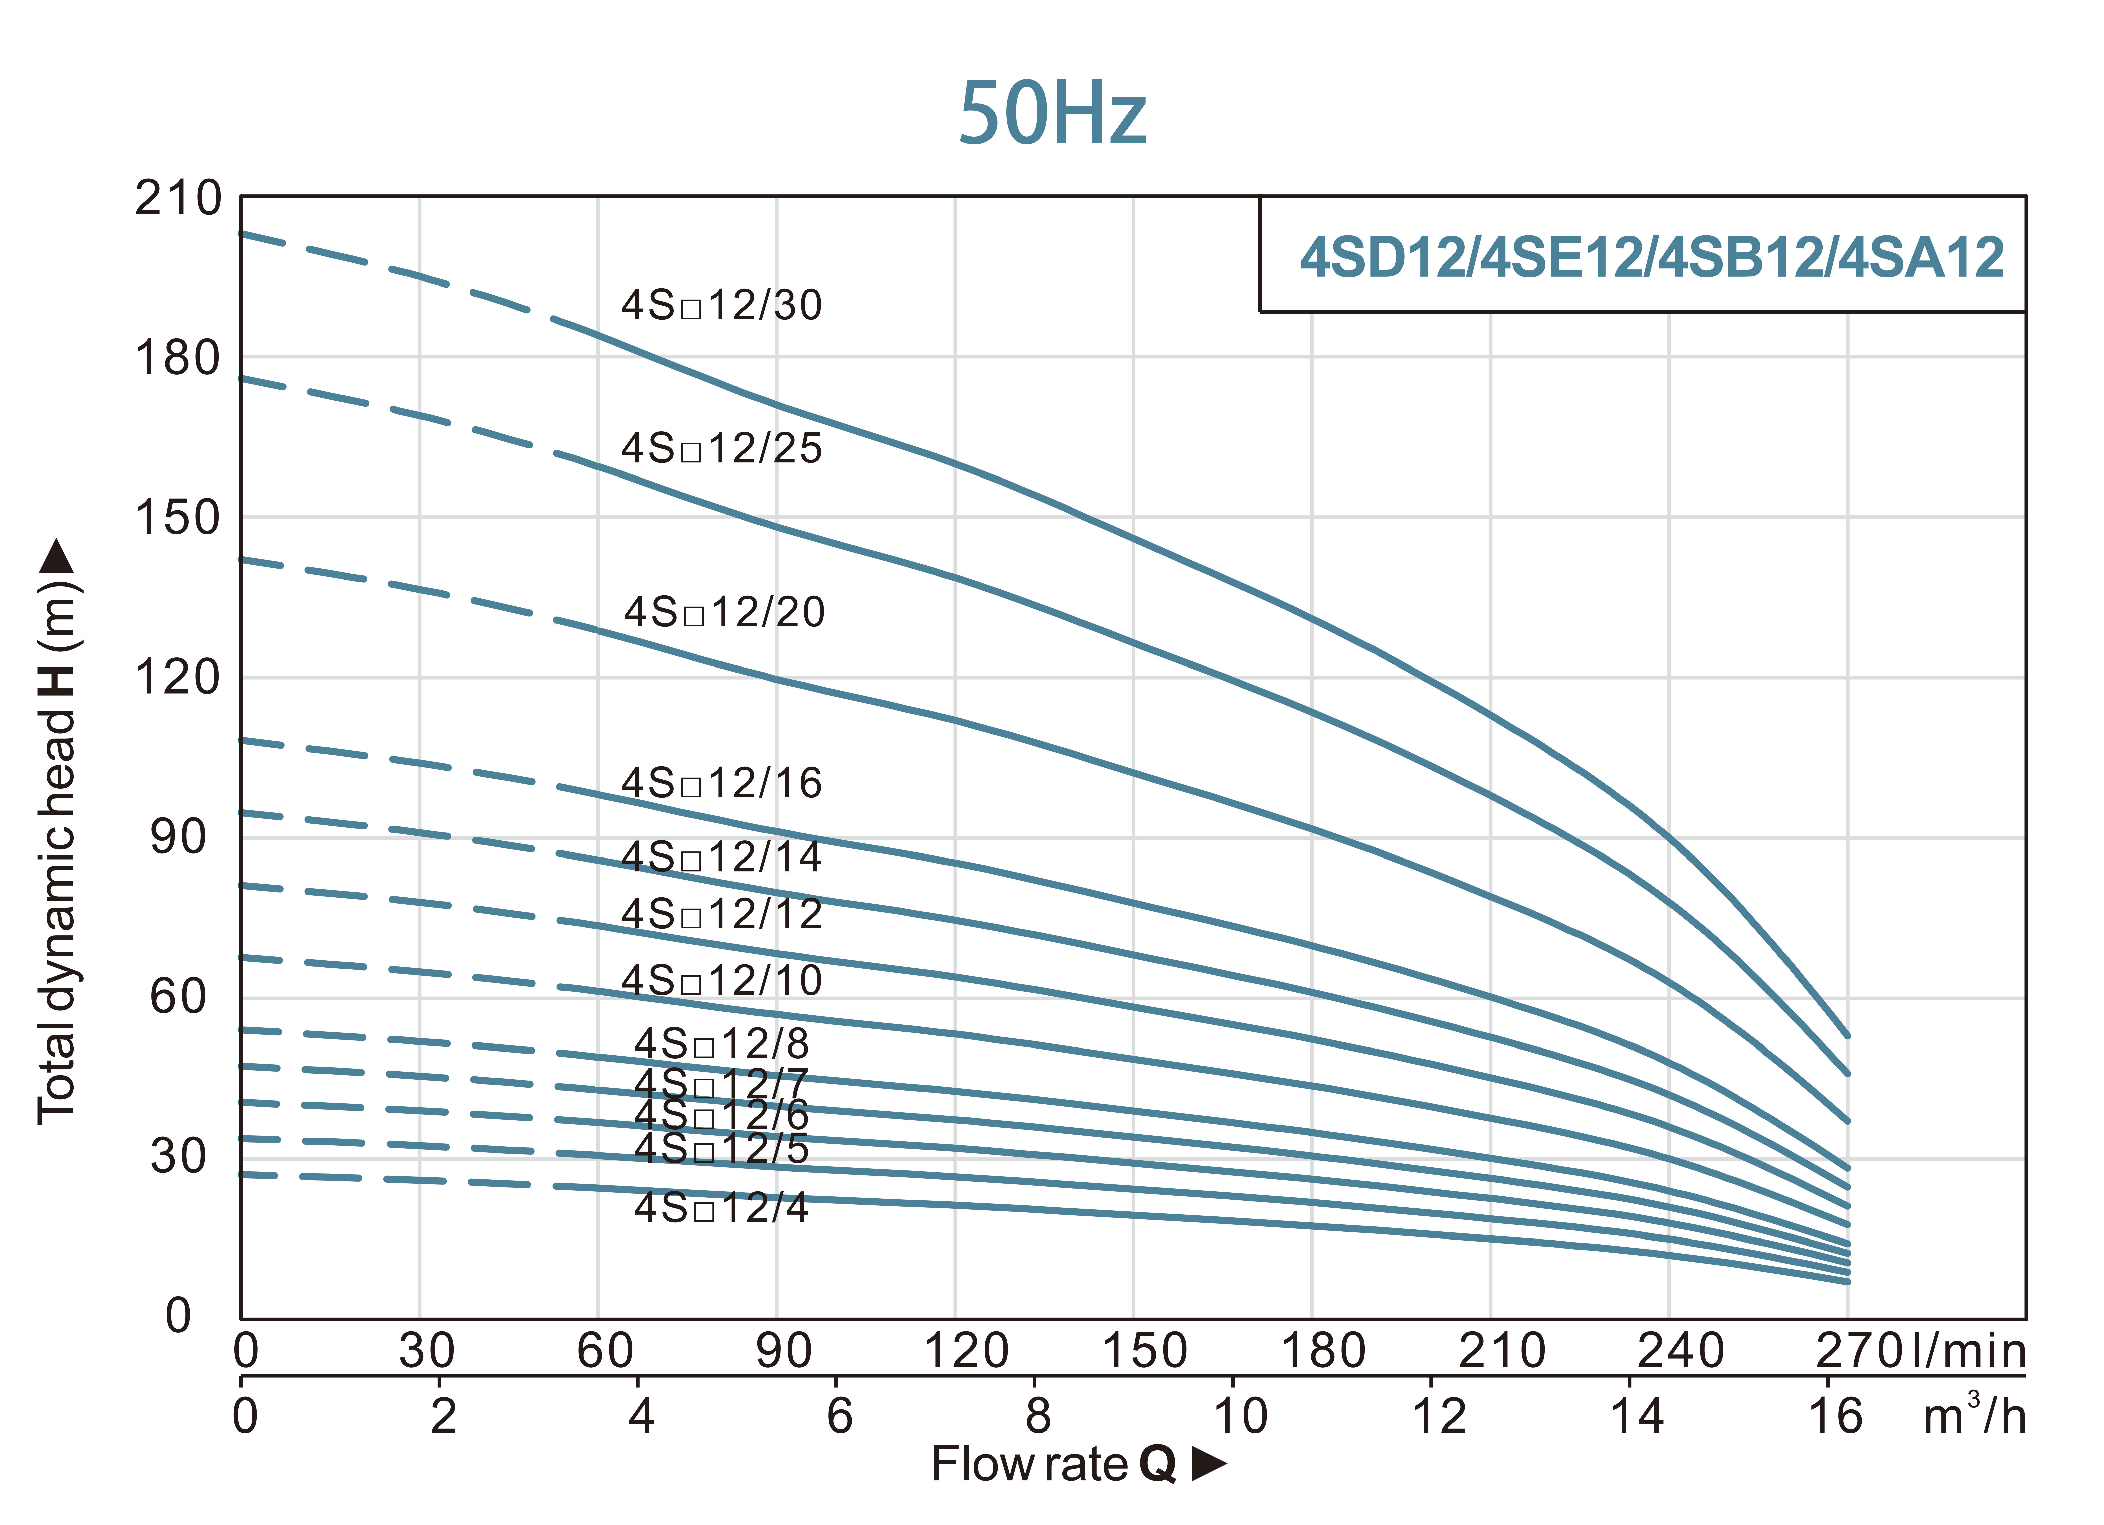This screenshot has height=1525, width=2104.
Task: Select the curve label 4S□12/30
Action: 721,305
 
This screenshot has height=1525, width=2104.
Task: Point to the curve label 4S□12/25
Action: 721,449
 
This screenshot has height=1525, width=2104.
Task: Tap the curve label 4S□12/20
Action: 723,612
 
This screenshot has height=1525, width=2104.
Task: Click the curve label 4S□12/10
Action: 721,980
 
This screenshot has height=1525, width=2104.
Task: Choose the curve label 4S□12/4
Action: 721,1208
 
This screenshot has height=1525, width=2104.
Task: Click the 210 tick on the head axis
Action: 178,198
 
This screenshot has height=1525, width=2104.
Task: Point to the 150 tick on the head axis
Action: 178,518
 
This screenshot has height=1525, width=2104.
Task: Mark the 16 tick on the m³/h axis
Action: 1835,1416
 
